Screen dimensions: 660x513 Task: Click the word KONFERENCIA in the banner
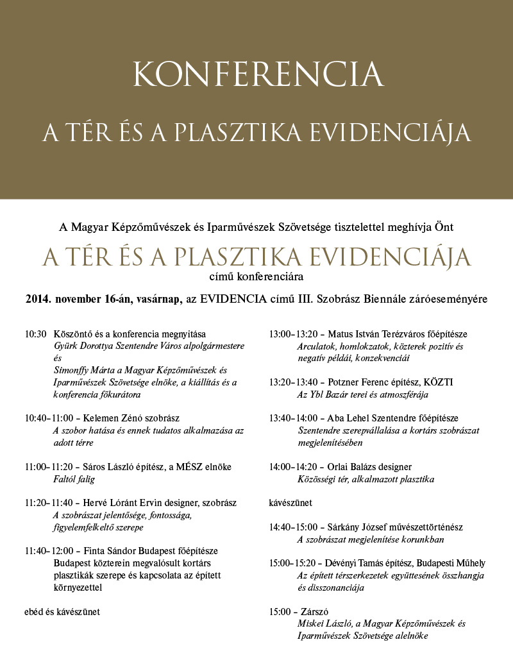pos(258,76)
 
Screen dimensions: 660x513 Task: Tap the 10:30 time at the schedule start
pos(36,334)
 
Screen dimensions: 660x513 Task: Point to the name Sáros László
pos(100,467)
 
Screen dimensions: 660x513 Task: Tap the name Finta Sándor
pos(105,551)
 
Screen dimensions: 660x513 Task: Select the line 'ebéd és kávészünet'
pos(62,611)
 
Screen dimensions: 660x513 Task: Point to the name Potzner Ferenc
pos(362,382)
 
